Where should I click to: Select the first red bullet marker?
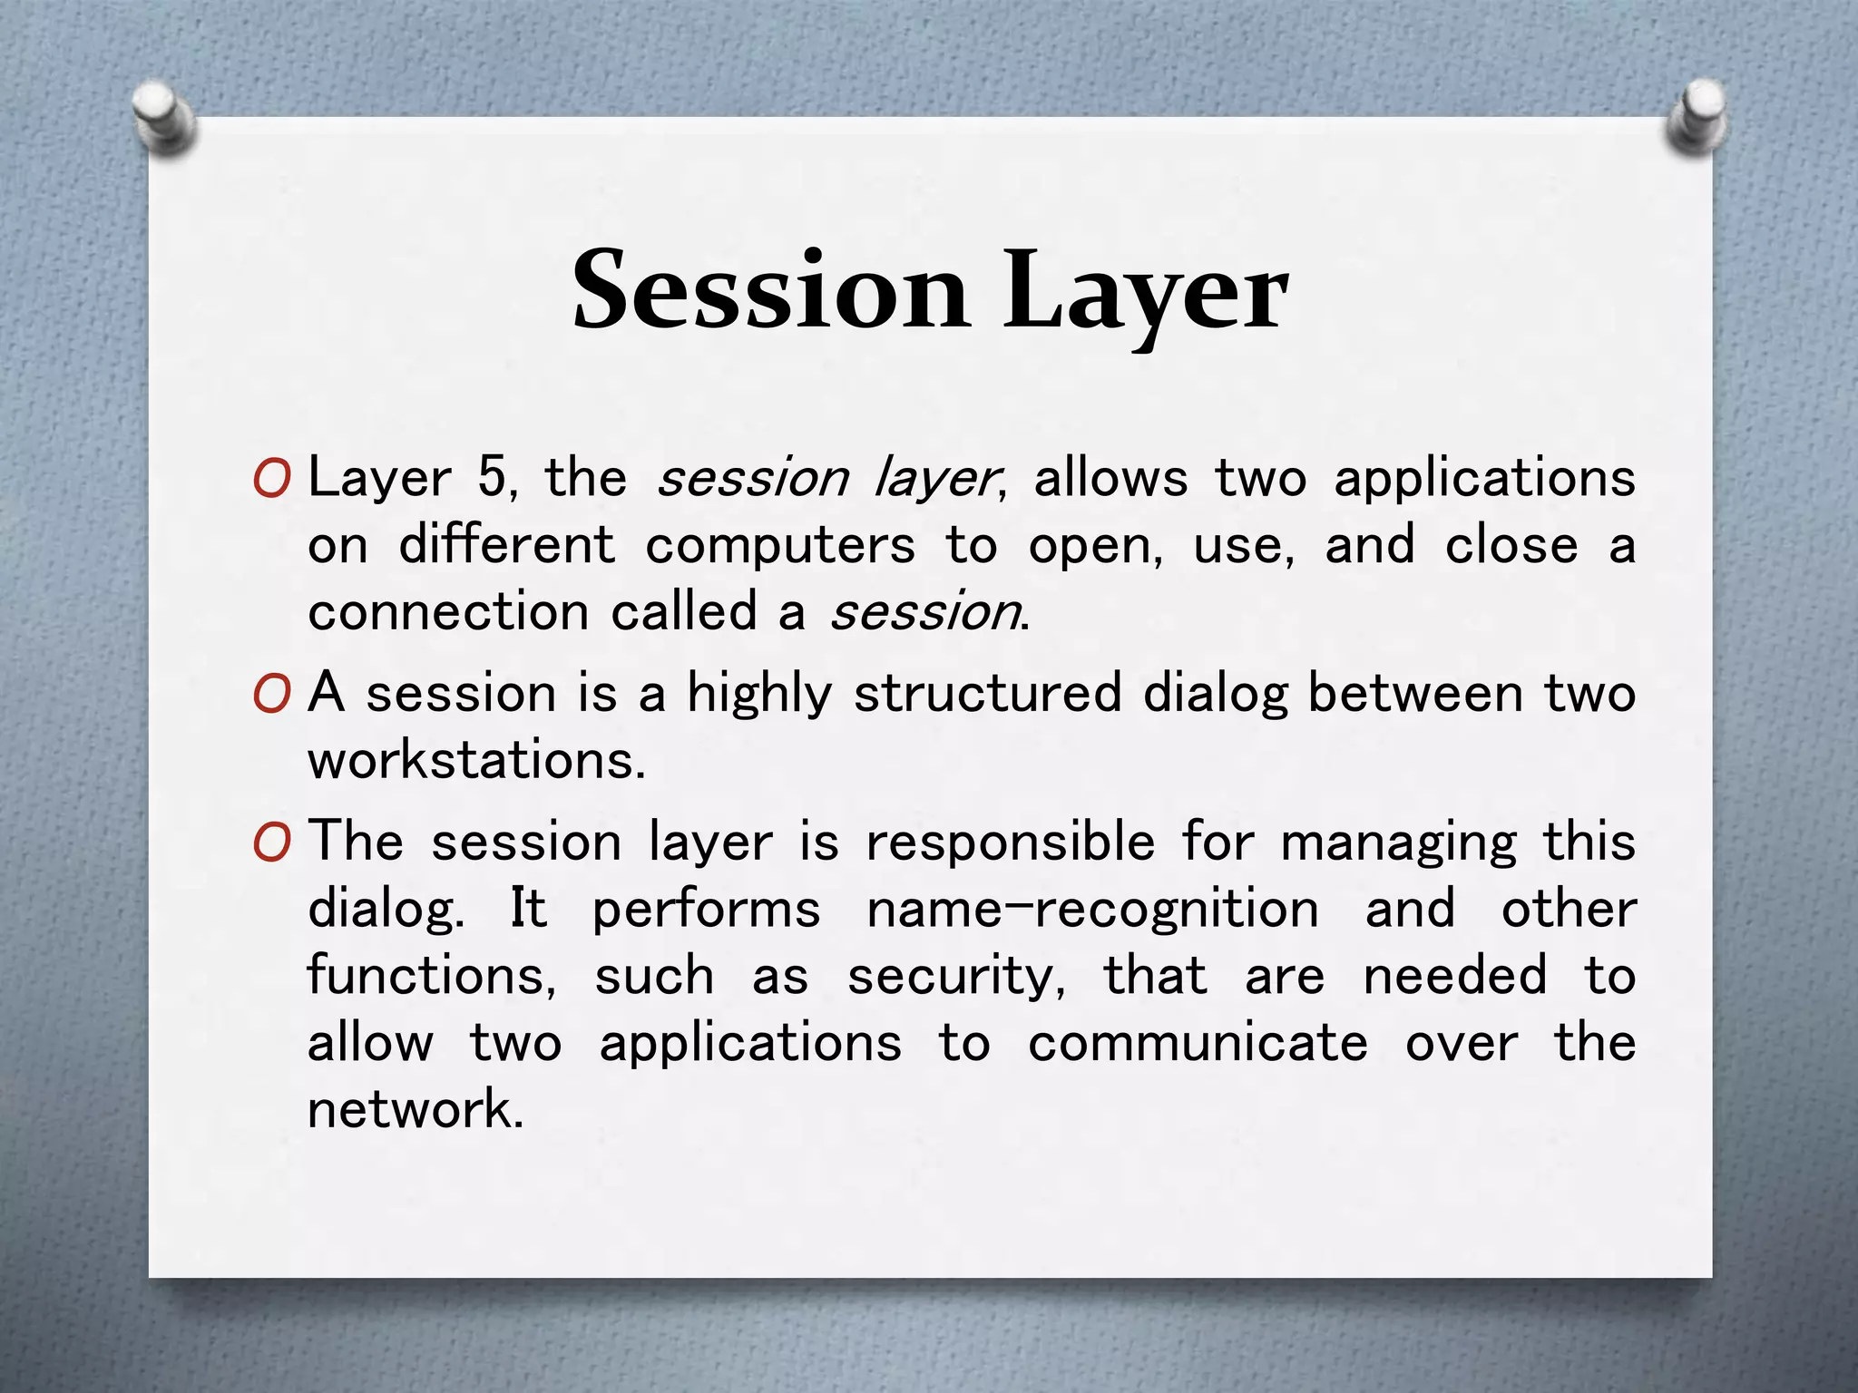272,479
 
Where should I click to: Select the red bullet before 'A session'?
272,695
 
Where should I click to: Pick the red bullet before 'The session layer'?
272,843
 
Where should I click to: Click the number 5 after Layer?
493,477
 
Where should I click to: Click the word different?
507,545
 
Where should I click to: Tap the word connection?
449,612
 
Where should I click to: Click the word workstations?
476,761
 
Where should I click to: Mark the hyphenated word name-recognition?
1092,910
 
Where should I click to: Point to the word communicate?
1198,1044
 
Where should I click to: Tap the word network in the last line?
415,1110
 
